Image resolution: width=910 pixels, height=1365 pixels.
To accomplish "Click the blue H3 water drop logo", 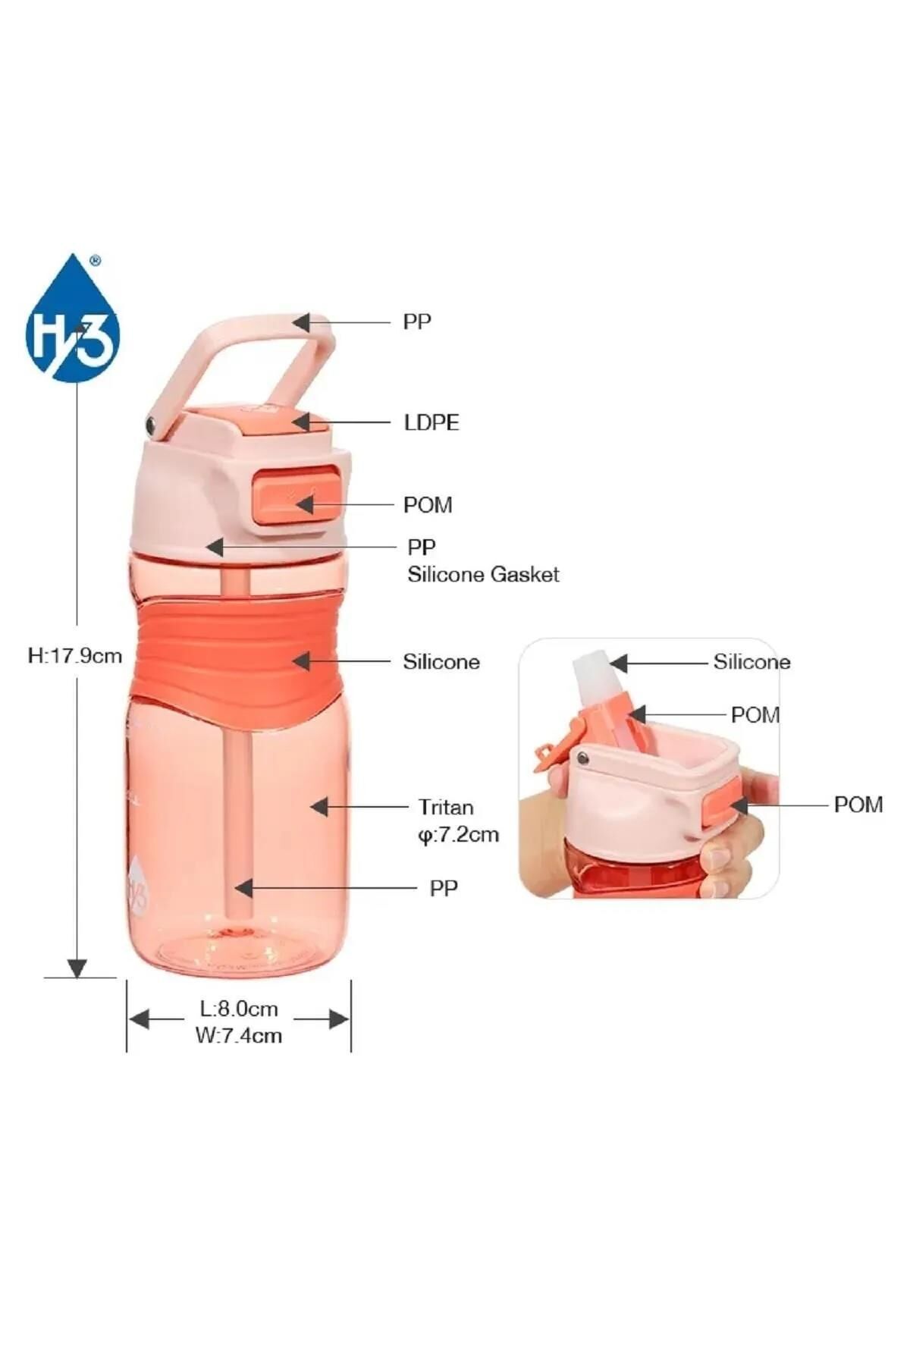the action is coord(73,318).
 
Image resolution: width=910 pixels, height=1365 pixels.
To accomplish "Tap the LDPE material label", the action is coord(431,422).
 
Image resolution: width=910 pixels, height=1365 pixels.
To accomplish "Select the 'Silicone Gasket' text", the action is coord(483,574).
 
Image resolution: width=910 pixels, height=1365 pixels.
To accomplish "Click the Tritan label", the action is coord(446,807).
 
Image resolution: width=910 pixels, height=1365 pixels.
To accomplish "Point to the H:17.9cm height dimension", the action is coord(75,655).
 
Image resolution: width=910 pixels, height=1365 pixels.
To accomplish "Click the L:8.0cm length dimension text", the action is coord(239,1009).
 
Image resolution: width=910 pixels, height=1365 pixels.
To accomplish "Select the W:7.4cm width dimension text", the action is coord(239,1035).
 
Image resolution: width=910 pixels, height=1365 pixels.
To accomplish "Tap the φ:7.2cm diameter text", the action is coord(459,835).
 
